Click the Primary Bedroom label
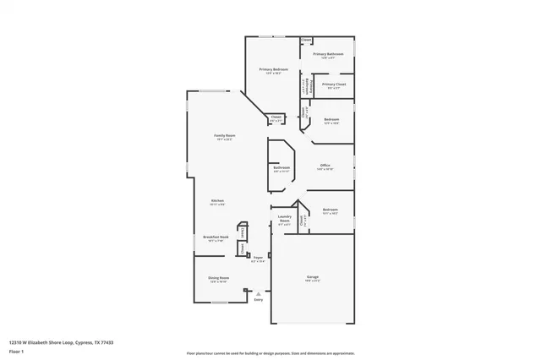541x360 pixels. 273,69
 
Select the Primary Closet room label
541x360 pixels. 334,85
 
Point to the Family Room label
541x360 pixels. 224,135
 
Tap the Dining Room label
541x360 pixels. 218,277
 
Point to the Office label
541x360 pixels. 325,166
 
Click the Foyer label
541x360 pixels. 258,258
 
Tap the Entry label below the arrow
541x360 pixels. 258,299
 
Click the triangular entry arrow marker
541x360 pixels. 258,292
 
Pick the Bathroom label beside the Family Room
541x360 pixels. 281,167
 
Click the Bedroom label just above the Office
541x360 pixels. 331,119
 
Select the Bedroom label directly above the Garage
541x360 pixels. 330,210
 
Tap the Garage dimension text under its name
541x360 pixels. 312,281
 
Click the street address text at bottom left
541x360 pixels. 61,342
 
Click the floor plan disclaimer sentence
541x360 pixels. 270,352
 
